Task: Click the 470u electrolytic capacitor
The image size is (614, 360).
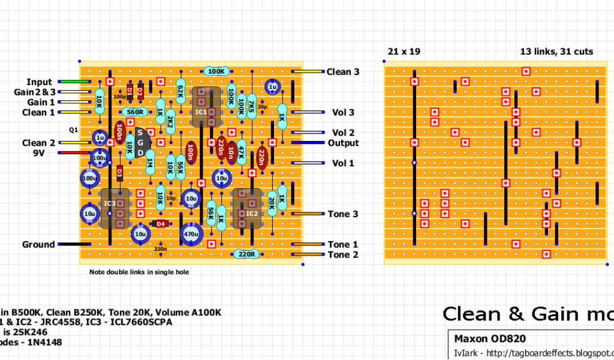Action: (x=191, y=234)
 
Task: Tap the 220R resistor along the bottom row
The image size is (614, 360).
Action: (x=247, y=254)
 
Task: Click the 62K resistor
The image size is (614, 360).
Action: (x=180, y=91)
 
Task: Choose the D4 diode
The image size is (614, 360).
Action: (x=159, y=224)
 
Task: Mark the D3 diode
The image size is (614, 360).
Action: (x=120, y=173)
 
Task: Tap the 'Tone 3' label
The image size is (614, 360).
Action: (x=342, y=214)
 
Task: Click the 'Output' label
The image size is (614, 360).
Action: (x=343, y=143)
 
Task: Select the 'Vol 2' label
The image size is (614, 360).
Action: (x=343, y=133)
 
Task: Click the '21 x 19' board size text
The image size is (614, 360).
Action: (x=404, y=52)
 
